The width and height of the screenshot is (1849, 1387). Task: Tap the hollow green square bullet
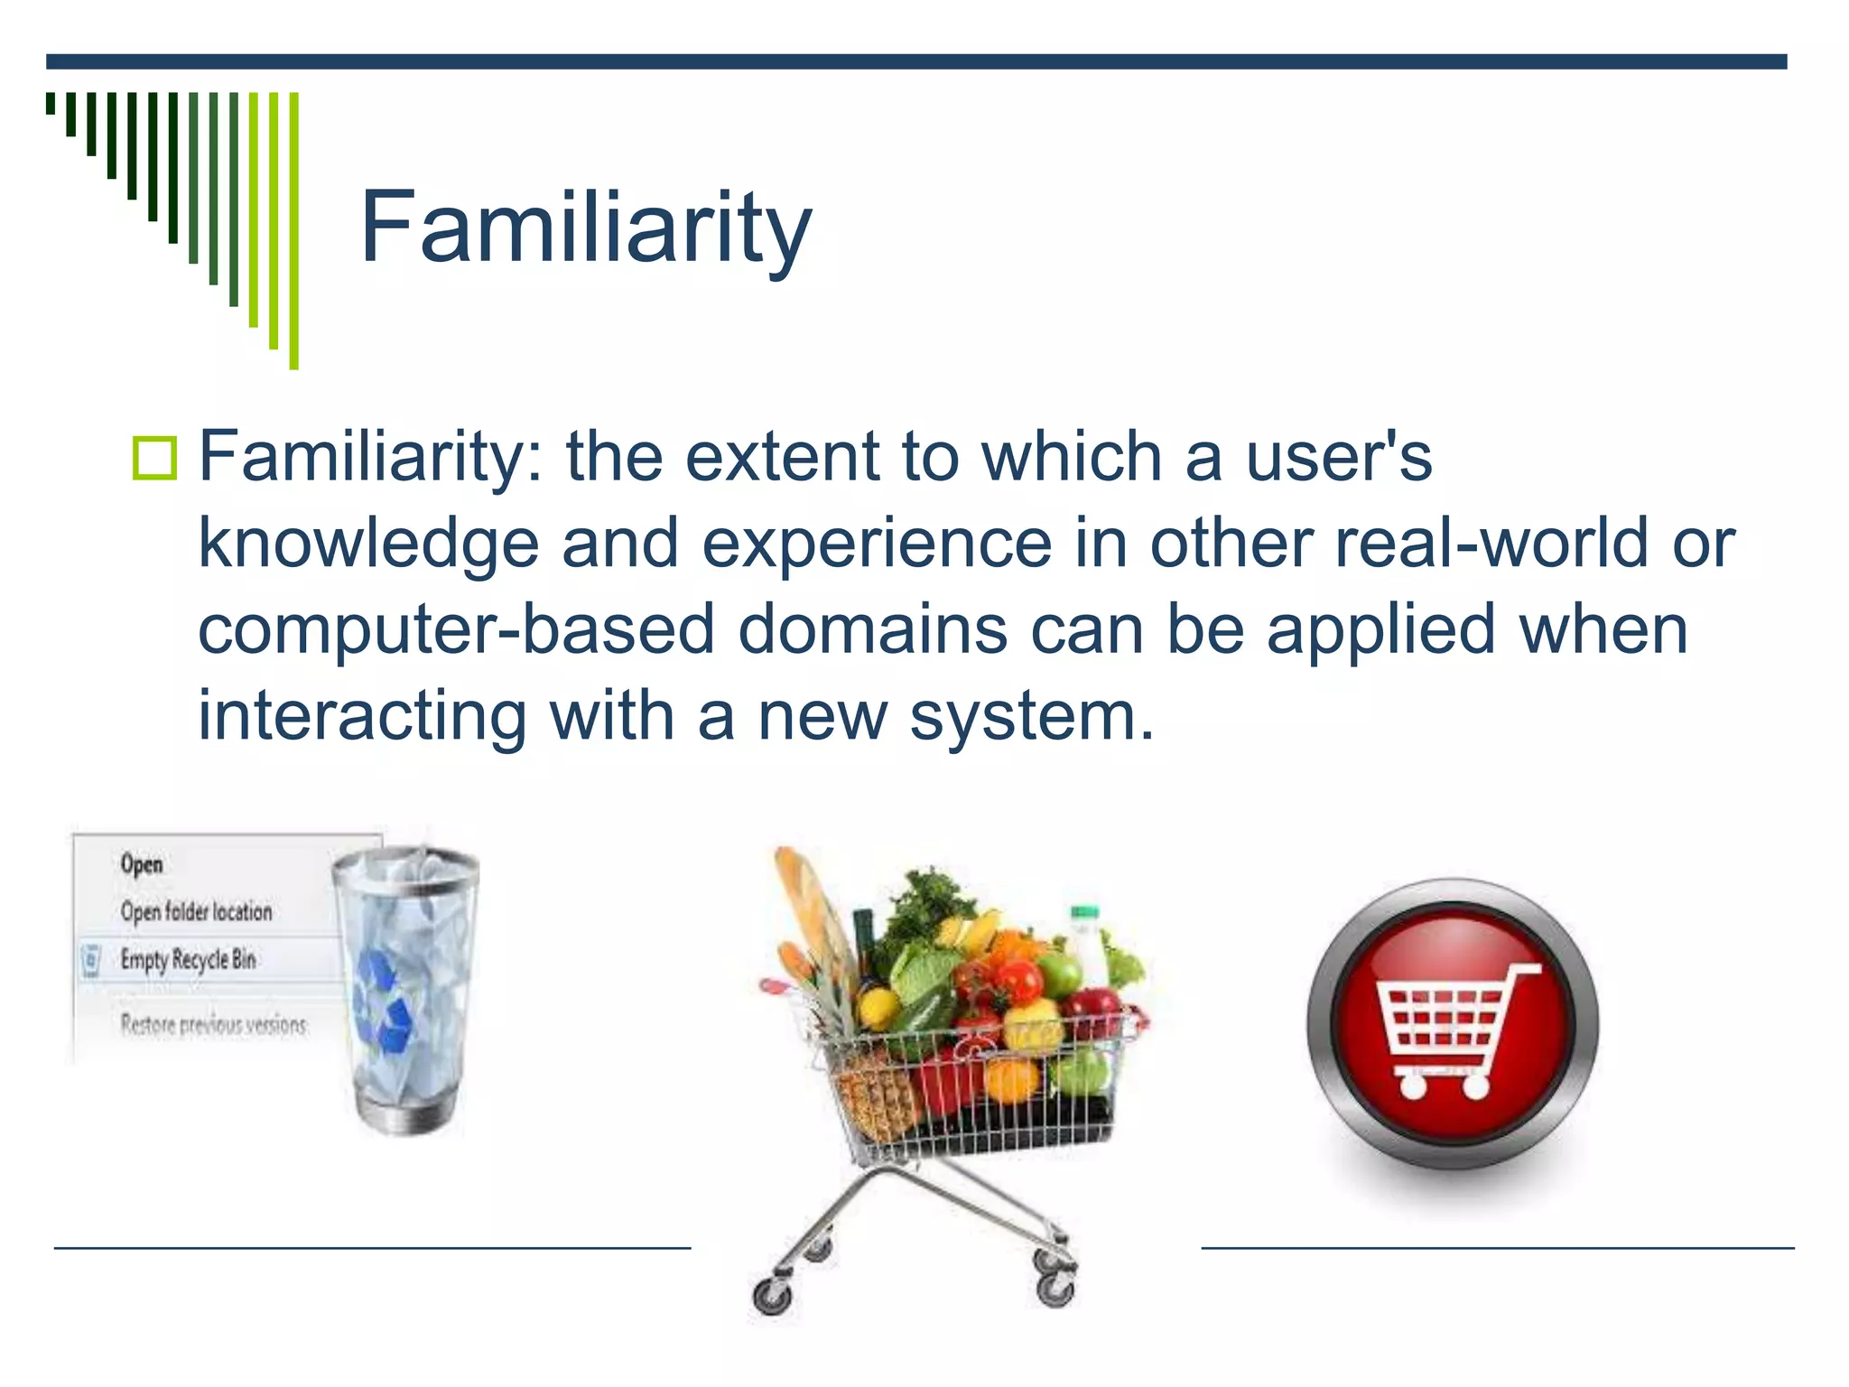point(154,458)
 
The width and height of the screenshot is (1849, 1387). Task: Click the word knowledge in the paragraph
point(367,545)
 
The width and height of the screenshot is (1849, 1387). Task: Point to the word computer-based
point(456,629)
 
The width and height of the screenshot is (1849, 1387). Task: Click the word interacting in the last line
point(361,715)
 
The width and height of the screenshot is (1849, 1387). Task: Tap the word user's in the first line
point(1338,457)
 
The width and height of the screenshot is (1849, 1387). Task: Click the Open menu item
point(142,864)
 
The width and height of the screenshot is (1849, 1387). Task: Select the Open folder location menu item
point(196,911)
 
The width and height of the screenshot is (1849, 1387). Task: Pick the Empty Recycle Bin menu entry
point(188,959)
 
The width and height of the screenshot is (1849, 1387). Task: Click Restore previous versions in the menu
point(213,1025)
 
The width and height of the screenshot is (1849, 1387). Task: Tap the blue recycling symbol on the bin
point(384,1002)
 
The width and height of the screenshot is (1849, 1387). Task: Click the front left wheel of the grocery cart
point(773,1299)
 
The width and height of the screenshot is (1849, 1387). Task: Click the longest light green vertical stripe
point(293,230)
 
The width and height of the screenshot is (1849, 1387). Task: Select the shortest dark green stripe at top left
point(51,103)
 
